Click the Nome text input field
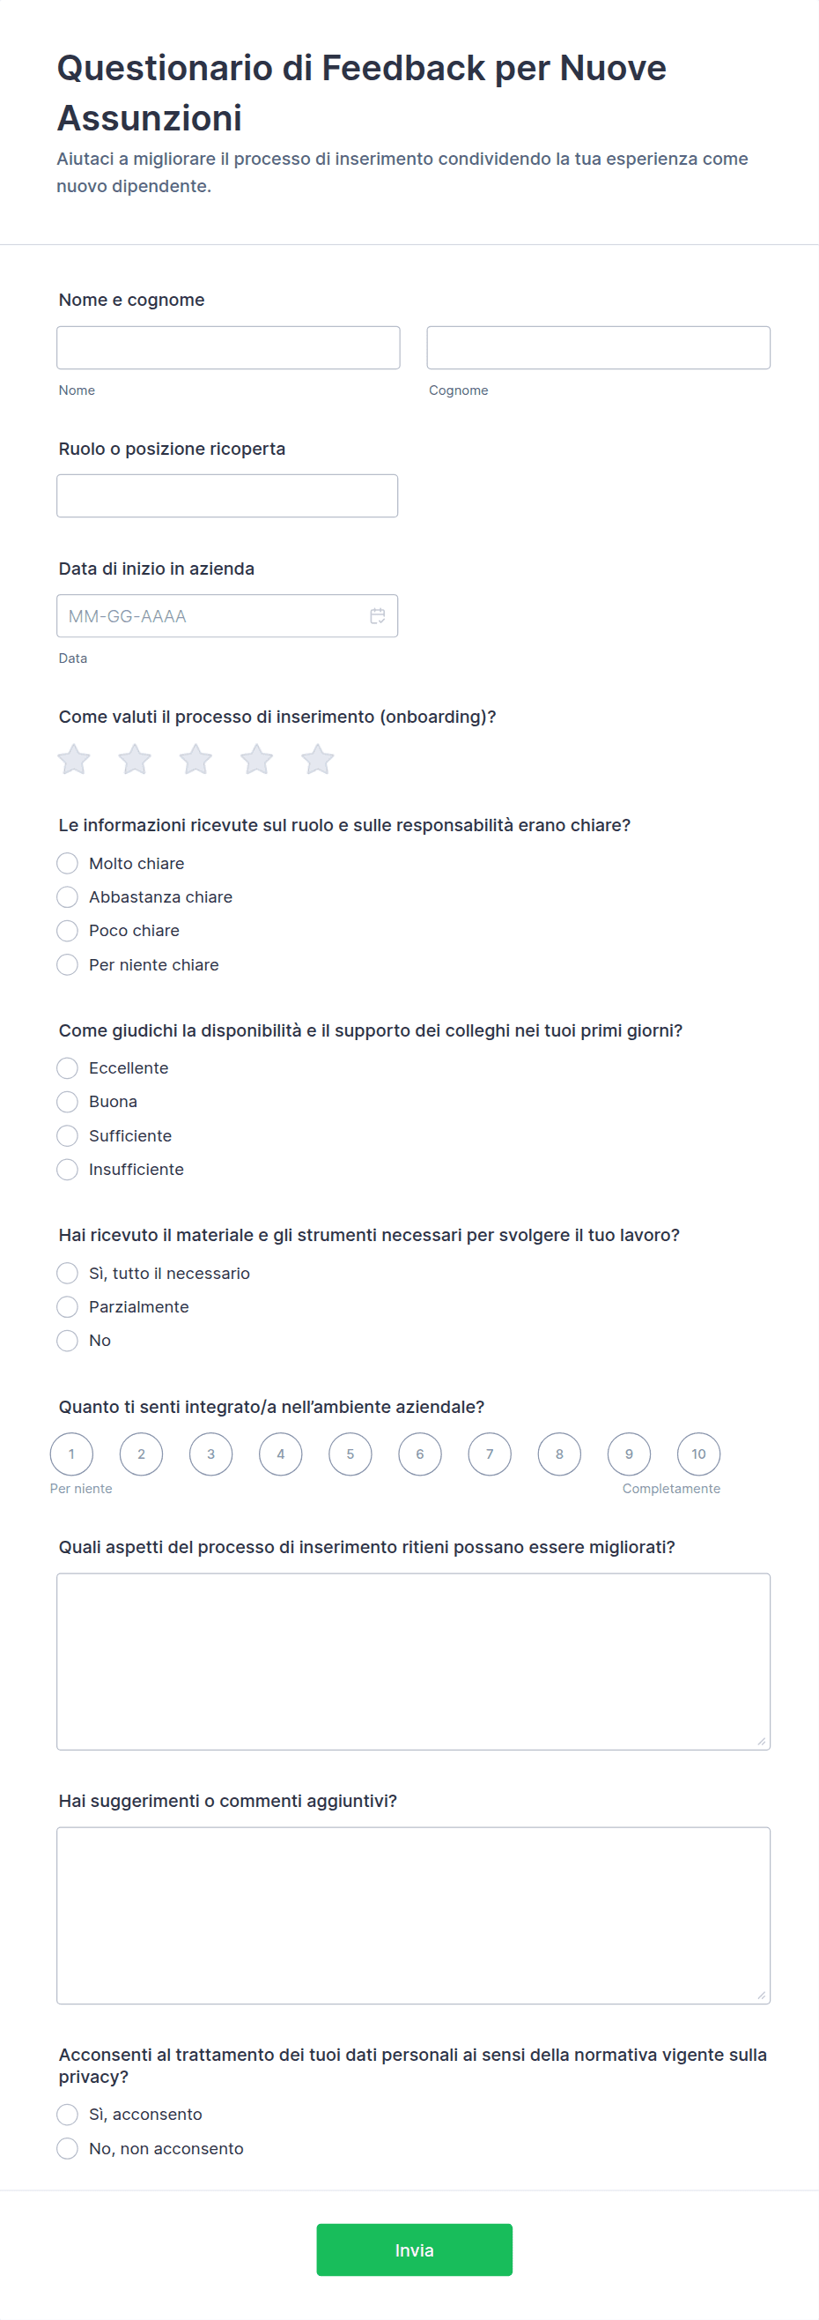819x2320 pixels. click(228, 347)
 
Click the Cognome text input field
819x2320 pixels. click(598, 347)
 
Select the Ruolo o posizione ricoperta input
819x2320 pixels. click(227, 495)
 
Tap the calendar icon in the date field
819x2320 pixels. click(378, 616)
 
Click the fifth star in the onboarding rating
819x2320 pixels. click(317, 759)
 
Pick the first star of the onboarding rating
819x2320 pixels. click(74, 759)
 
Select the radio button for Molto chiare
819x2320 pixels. click(68, 864)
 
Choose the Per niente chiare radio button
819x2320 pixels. click(68, 964)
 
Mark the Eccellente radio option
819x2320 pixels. click(68, 1068)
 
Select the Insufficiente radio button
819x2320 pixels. click(68, 1169)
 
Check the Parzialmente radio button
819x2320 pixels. click(68, 1307)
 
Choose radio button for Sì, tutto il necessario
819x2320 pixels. click(68, 1273)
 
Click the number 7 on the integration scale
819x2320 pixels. click(490, 1454)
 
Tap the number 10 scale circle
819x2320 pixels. click(698, 1454)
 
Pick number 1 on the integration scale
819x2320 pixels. click(72, 1454)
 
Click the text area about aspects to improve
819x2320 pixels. click(413, 1661)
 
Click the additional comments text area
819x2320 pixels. click(413, 1915)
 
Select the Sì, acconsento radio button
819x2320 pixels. click(68, 2114)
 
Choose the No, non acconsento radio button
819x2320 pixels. click(68, 2148)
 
